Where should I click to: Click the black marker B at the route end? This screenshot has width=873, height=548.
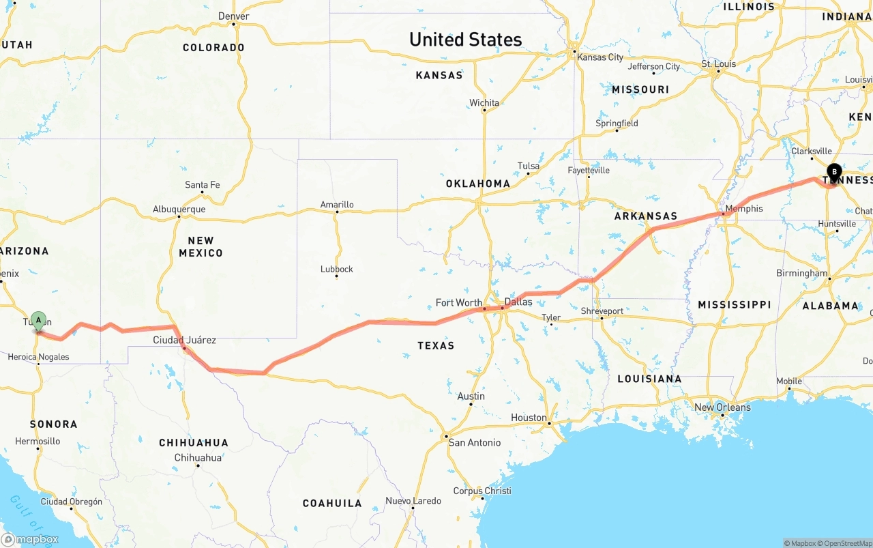833,172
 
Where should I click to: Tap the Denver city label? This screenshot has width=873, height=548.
233,16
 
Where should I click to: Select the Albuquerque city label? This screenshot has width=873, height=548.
179,209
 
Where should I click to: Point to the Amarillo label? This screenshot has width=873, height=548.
337,204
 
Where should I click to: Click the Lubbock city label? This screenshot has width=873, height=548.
337,269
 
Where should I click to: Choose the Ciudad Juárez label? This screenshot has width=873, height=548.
184,340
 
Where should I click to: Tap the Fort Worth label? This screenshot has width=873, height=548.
458,302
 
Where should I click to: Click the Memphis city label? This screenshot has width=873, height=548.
744,208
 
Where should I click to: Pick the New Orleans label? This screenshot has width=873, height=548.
722,407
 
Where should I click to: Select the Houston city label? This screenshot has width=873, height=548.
529,418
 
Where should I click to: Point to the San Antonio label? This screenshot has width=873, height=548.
474,442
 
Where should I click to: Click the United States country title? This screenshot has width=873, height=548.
465,40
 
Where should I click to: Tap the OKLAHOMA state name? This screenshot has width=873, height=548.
477,184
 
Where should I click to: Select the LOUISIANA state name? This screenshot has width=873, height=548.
649,379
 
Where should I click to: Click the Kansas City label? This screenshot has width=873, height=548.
600,57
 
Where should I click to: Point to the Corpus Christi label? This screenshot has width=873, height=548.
482,491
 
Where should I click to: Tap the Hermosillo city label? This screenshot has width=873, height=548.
38,441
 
